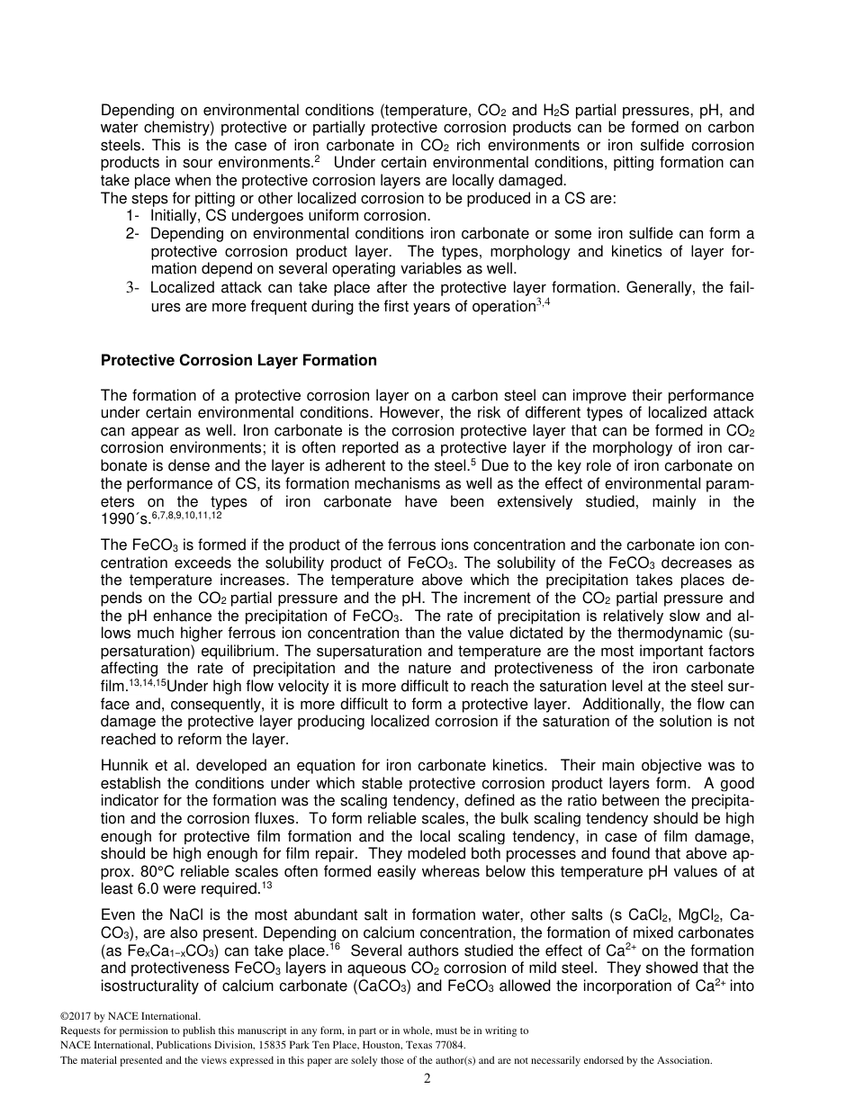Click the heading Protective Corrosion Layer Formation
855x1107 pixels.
click(x=238, y=360)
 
